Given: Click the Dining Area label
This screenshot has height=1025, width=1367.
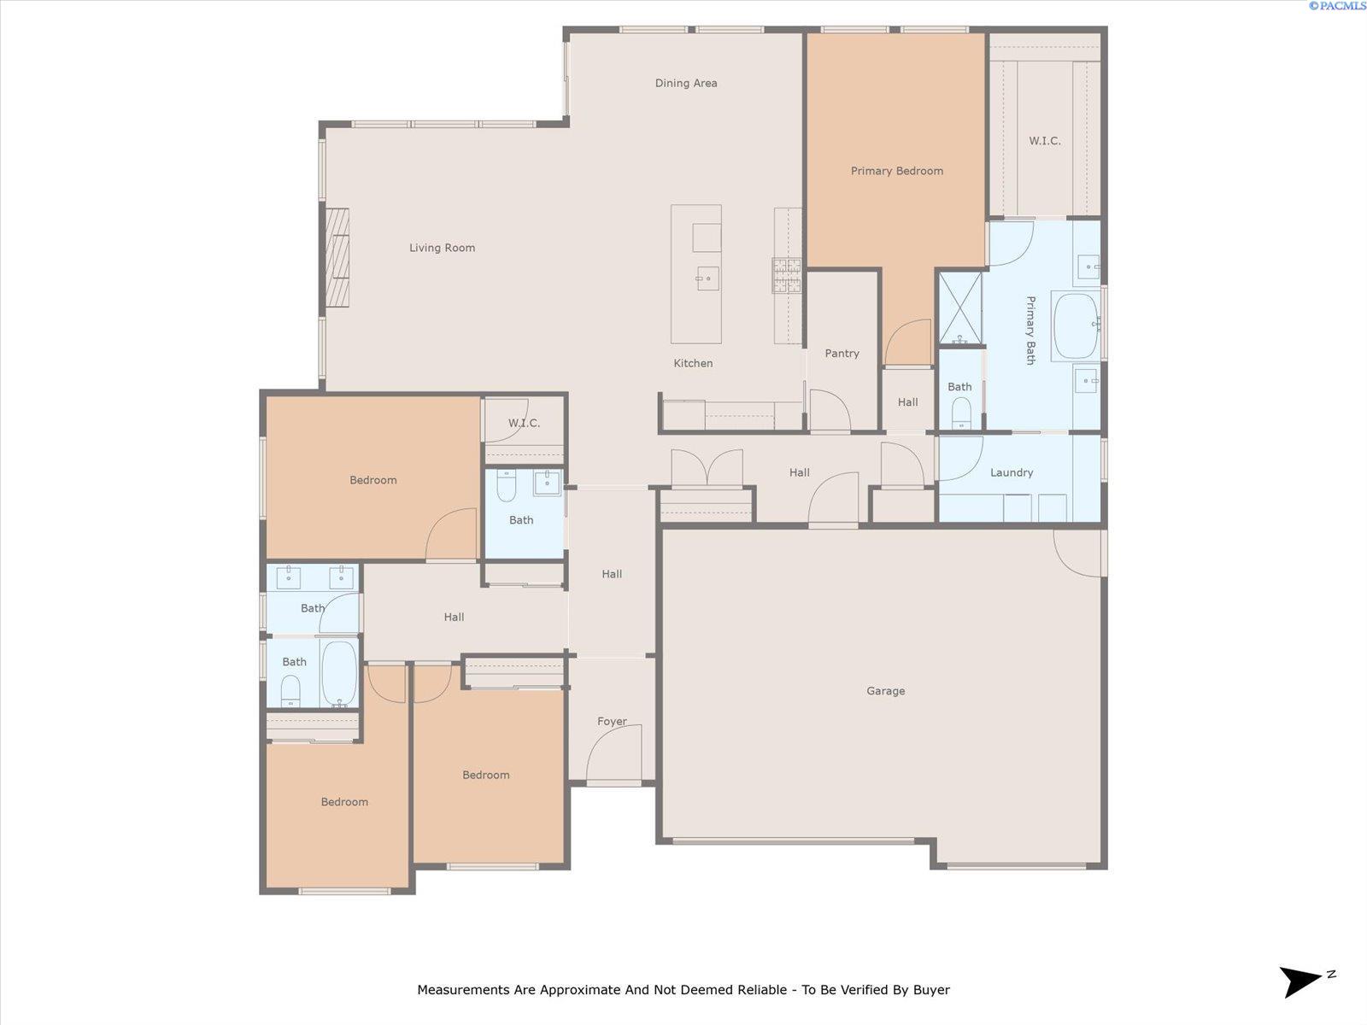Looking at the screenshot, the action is [x=686, y=84].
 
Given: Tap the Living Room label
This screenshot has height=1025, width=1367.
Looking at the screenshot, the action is [x=443, y=248].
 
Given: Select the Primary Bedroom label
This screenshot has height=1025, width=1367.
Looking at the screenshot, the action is [x=897, y=171].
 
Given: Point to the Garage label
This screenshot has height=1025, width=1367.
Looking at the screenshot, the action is [x=886, y=691].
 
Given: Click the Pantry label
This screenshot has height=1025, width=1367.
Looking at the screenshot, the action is [x=842, y=354].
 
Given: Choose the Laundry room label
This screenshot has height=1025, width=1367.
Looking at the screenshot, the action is [x=1012, y=473].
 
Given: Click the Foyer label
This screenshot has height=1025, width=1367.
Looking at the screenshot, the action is [x=612, y=721].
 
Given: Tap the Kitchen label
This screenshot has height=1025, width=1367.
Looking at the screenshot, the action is [x=693, y=364].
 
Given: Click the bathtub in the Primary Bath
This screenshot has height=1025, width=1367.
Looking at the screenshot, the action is [x=1076, y=326].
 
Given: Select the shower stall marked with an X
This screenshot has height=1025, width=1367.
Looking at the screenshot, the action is [x=959, y=307].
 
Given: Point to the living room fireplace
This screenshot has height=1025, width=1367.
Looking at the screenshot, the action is [x=337, y=258].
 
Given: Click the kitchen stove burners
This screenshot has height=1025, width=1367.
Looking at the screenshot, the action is [x=787, y=276].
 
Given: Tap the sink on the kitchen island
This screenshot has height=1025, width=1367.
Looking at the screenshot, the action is [x=707, y=278].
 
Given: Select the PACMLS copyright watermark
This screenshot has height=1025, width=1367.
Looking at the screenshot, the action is [x=1337, y=6].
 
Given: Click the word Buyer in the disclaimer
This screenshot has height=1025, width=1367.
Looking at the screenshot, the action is [x=931, y=989].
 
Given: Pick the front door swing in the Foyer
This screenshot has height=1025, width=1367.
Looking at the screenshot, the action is [x=613, y=753].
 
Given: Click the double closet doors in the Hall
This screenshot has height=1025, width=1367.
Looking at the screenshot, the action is [x=707, y=467].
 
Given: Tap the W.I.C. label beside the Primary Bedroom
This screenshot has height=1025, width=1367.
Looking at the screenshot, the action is [x=1044, y=141].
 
